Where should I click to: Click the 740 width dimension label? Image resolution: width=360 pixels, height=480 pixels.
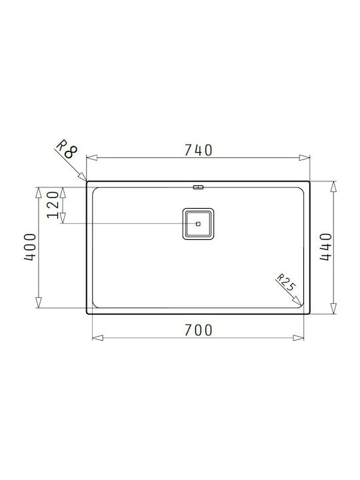click(198, 150)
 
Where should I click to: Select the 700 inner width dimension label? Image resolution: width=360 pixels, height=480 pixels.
click(198, 330)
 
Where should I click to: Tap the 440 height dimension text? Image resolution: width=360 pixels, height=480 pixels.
click(325, 247)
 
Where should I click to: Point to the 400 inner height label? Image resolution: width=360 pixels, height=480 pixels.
click(30, 247)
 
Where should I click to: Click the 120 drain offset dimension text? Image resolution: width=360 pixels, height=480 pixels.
click(53, 205)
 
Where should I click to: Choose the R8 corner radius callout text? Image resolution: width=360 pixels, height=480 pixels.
click(67, 149)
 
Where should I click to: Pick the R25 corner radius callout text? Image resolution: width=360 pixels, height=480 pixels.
click(287, 283)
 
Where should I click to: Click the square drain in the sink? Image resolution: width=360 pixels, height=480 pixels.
click(198, 224)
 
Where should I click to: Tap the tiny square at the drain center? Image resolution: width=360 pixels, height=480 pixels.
click(198, 224)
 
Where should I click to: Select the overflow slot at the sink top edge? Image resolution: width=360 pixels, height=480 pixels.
click(198, 187)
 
